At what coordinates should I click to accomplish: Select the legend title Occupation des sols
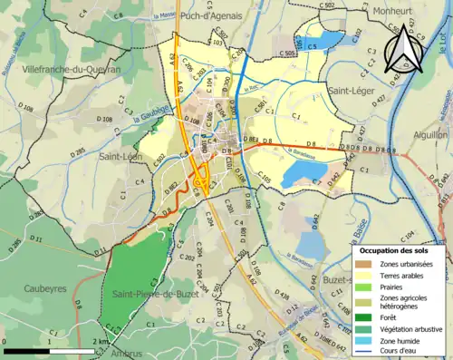coord(395,249)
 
